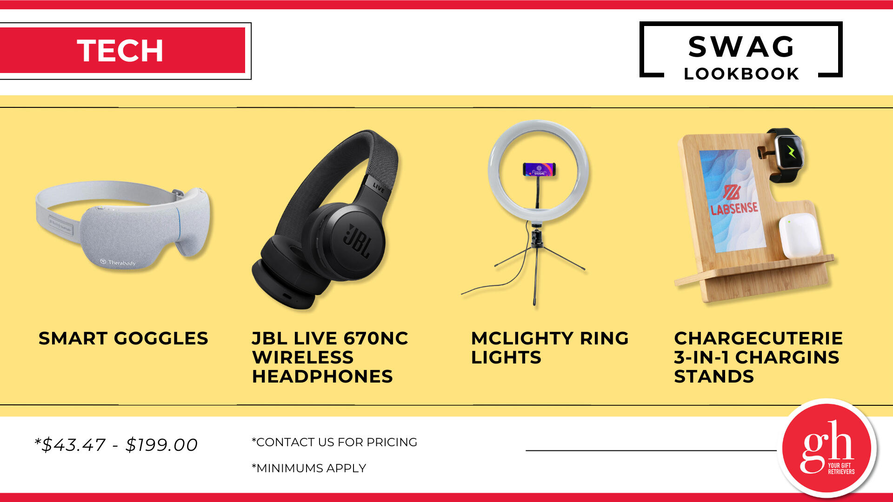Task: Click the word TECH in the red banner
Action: [x=120, y=50]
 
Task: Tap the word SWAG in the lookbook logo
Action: [x=741, y=46]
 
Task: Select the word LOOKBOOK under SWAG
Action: [x=741, y=73]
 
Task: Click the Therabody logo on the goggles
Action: [x=118, y=263]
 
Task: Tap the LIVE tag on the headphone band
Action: [x=379, y=188]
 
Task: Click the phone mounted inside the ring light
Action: [x=539, y=169]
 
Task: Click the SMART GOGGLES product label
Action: [x=123, y=338]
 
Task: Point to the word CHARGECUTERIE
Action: [x=758, y=338]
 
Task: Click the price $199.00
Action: [x=162, y=445]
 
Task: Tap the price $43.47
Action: [x=73, y=445]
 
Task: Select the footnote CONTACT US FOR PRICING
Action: [x=336, y=442]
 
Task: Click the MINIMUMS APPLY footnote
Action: [x=311, y=468]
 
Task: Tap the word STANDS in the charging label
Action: [x=714, y=376]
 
